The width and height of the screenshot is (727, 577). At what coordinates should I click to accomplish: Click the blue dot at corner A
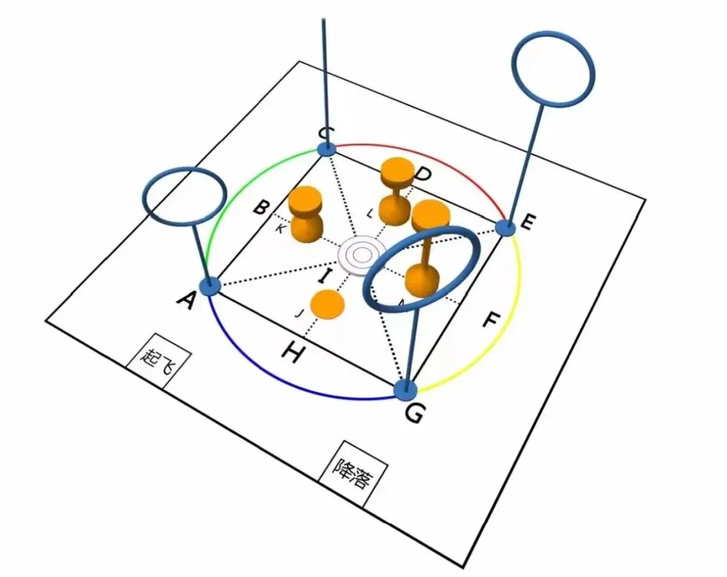coord(211,286)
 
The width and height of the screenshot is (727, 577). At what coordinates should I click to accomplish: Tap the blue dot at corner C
coord(326,149)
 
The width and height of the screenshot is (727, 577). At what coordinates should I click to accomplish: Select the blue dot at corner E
coord(506,228)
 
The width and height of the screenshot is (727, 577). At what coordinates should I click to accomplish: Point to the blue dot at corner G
coord(405,388)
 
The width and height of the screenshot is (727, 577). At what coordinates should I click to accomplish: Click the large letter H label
coord(290,352)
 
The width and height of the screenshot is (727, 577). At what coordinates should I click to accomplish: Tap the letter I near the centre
coord(325,275)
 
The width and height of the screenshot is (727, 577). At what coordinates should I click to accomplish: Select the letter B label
coord(261,207)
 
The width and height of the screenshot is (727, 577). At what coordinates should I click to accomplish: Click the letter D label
coord(423,175)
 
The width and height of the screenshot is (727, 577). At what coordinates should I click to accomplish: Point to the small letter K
coord(280,229)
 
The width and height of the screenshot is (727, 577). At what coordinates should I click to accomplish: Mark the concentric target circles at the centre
coord(361,255)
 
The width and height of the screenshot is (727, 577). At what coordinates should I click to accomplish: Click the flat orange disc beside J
coord(328,304)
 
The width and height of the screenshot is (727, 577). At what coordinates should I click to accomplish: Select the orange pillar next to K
coord(306,213)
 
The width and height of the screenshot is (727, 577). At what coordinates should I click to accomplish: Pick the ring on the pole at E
coord(553,67)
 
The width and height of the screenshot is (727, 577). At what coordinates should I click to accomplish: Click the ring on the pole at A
coord(183,196)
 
